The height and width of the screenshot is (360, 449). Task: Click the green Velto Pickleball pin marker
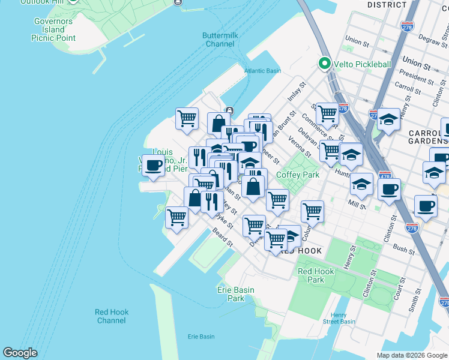coord(325,64)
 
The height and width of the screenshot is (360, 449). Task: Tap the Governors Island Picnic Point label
coord(53,30)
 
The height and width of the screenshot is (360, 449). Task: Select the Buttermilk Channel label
coord(220,40)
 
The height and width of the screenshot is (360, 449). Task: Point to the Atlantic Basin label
coord(262,71)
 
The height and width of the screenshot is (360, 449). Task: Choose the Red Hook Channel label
coord(112,316)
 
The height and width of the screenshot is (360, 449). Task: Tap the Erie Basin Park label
coord(235,294)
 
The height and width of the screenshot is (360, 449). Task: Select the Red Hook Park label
coord(316,275)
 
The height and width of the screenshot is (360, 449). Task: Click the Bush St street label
coord(404,248)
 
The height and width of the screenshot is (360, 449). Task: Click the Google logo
coord(20,353)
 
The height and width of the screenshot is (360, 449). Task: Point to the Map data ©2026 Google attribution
coord(411,355)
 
